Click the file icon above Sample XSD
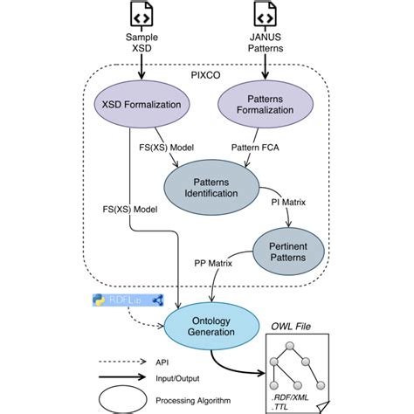143,14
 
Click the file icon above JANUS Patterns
265,14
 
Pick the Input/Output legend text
178,378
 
